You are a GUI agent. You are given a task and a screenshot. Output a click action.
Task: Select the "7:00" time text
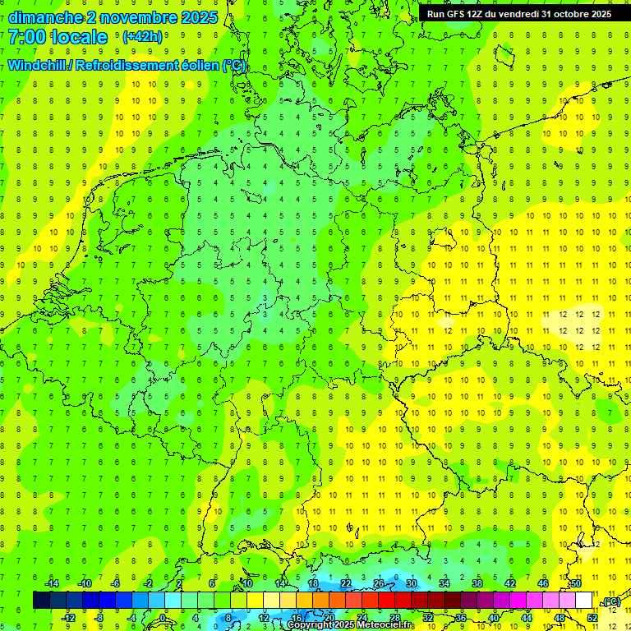[27, 37]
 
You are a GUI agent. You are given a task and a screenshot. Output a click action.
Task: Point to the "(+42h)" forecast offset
[141, 37]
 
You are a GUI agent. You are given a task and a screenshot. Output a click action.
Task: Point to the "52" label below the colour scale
[592, 618]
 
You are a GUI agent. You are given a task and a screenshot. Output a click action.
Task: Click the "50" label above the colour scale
[576, 583]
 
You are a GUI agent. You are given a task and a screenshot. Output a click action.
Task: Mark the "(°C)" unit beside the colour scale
[610, 602]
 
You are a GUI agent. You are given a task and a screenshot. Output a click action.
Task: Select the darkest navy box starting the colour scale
[41, 601]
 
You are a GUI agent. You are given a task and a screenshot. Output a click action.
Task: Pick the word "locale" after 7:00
[79, 37]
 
